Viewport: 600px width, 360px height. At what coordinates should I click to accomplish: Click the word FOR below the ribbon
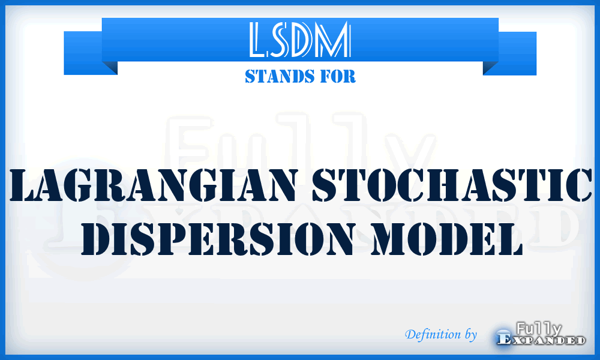tap(339, 77)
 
